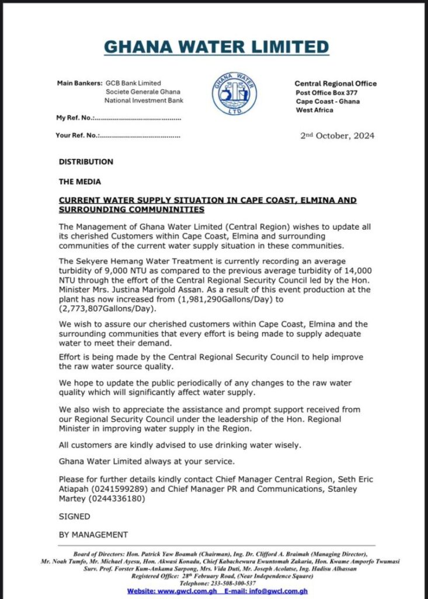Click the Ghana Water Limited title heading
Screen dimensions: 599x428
click(x=216, y=47)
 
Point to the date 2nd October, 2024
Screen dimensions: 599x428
click(x=337, y=136)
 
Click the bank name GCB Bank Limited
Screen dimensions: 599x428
click(x=133, y=83)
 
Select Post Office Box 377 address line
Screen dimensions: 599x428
click(x=326, y=92)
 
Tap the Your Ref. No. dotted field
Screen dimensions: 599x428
click(x=140, y=136)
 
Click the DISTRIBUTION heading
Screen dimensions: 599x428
click(x=86, y=161)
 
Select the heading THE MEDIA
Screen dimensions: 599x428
click(x=79, y=181)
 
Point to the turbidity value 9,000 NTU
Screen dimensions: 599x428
click(x=124, y=271)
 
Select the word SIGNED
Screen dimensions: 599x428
click(x=75, y=517)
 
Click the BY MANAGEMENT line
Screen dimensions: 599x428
click(x=93, y=534)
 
